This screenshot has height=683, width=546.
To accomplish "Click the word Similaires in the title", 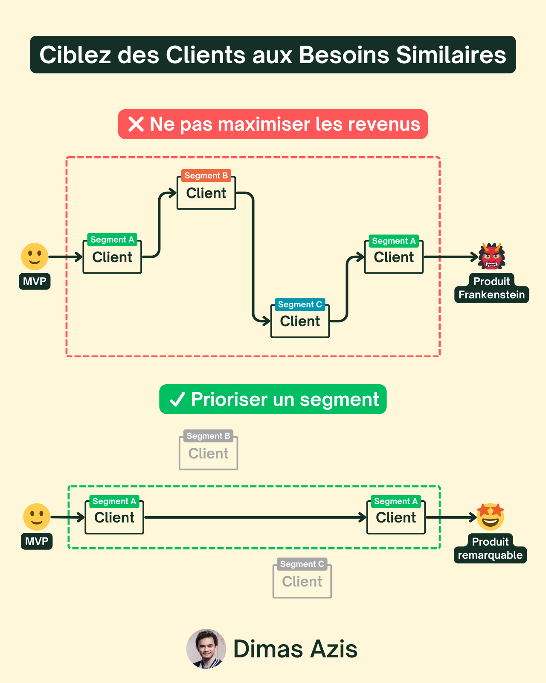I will click(x=451, y=55).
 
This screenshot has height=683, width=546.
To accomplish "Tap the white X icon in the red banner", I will click(x=136, y=124).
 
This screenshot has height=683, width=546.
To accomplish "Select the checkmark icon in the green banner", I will click(x=177, y=400).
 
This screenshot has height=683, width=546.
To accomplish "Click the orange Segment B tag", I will click(x=206, y=175).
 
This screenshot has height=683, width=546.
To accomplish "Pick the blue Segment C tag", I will click(x=300, y=304).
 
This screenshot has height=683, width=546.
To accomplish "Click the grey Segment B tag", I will click(x=208, y=436).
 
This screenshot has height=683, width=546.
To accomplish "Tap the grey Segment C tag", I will click(x=302, y=564).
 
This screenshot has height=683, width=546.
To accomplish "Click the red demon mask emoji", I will click(x=491, y=256).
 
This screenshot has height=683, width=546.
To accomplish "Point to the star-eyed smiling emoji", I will click(x=491, y=517).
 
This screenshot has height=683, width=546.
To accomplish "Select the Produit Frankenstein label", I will click(x=491, y=289).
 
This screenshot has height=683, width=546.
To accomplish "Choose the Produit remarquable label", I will click(x=490, y=549).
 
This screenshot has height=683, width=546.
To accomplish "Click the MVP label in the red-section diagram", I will click(x=35, y=281).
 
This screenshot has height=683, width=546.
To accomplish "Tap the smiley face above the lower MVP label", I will click(x=37, y=517).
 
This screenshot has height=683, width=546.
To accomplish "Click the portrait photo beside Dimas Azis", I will click(x=206, y=648).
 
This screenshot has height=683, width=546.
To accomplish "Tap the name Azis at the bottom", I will click(x=334, y=649).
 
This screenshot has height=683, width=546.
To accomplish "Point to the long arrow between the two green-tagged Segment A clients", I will click(x=255, y=517).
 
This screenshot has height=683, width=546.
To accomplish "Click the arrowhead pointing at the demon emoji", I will click(x=474, y=257).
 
